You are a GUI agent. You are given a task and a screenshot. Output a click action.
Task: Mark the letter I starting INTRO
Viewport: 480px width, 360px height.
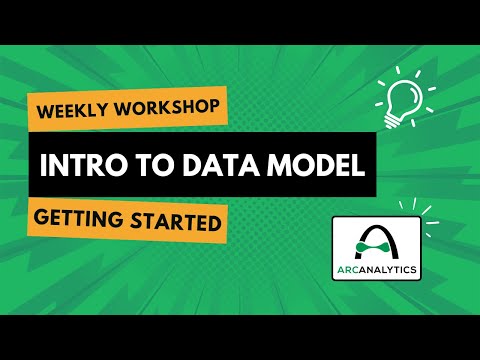click(43, 165)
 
